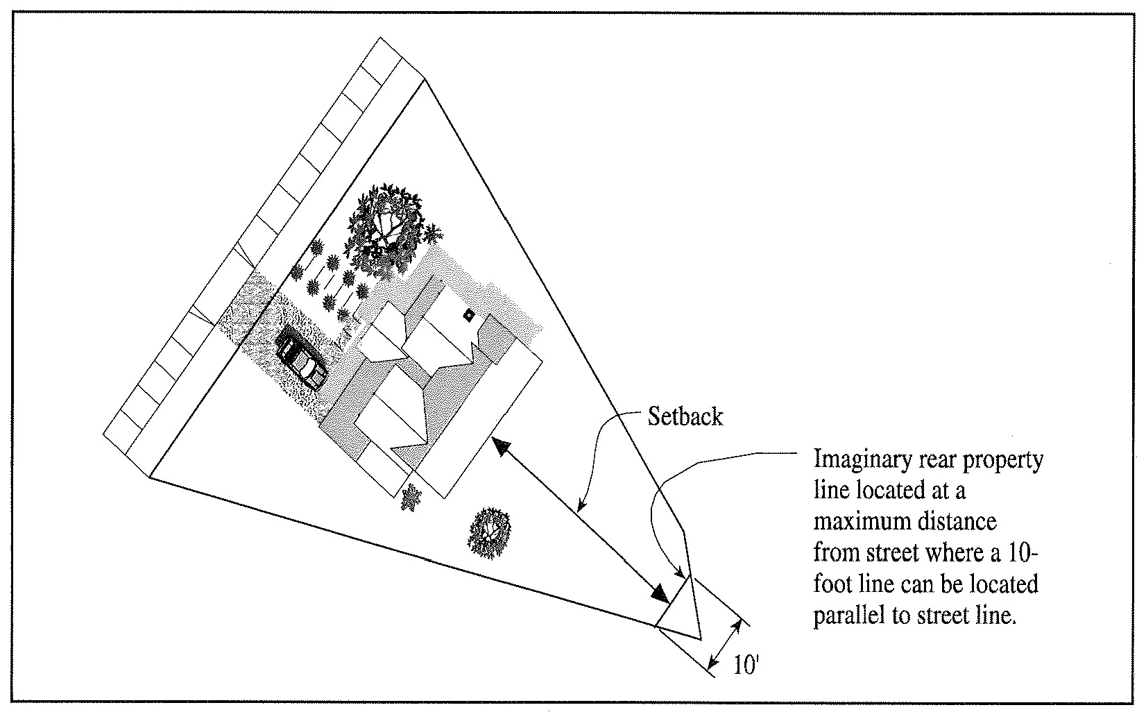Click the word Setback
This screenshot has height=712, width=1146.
tap(685, 416)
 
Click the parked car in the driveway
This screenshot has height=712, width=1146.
tap(302, 358)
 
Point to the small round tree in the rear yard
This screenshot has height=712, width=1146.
tap(490, 532)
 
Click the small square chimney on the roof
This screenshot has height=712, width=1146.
tap(469, 315)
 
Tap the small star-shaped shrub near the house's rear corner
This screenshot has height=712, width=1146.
tap(411, 498)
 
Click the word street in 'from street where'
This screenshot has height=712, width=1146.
tap(891, 553)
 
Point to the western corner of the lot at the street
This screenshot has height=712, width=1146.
tap(149, 477)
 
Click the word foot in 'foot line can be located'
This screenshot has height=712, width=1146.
tap(833, 584)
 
